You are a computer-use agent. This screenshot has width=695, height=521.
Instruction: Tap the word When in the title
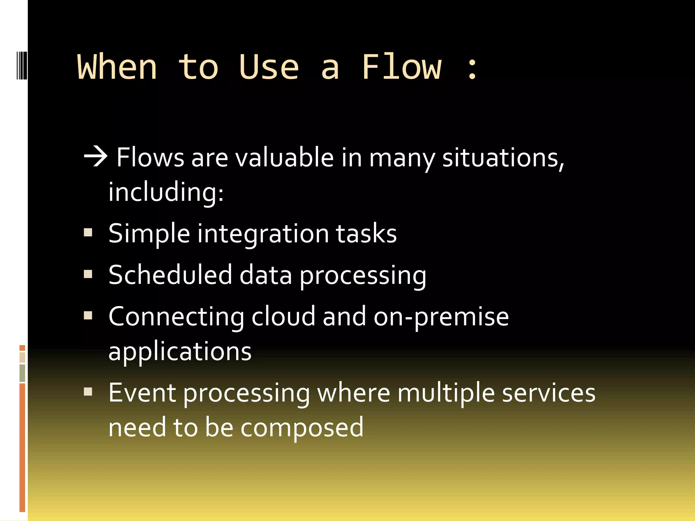[x=117, y=67]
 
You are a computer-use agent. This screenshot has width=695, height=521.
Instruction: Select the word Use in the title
[x=269, y=67]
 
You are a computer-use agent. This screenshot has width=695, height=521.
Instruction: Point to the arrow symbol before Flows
[x=96, y=157]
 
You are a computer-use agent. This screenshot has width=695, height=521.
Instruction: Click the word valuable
[x=285, y=158]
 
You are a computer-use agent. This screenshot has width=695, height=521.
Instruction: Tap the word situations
[x=503, y=158]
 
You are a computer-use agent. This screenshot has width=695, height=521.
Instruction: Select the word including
[x=166, y=192]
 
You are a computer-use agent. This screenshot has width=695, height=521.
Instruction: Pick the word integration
[x=263, y=234]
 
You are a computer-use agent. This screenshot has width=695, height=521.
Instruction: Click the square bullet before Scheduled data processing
[x=88, y=274]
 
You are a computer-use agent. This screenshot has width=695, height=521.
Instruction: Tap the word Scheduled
[x=170, y=275]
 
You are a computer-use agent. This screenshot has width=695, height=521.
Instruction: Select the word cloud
[x=283, y=316]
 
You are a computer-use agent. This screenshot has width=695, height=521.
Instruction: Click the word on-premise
[x=441, y=317]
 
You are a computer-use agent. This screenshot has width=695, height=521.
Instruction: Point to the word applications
[x=180, y=351]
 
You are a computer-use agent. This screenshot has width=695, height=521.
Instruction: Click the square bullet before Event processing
[x=88, y=392]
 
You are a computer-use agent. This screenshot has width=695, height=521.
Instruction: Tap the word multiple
[x=446, y=393]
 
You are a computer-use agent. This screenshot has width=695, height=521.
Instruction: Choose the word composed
[x=302, y=427]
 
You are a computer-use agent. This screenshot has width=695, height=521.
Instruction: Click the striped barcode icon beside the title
[x=22, y=65]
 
